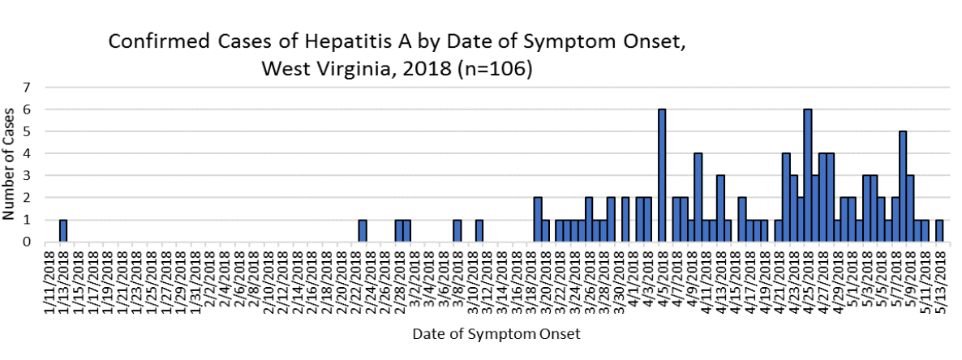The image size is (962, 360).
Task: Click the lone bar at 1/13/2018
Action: [x=63, y=231]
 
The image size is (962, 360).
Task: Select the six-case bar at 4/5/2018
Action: [x=662, y=175]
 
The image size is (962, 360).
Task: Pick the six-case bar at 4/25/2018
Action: [x=808, y=175]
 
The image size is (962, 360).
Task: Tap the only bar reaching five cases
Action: [x=903, y=186]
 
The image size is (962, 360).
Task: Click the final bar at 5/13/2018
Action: [x=939, y=231]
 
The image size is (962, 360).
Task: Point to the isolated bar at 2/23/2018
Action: [x=363, y=231]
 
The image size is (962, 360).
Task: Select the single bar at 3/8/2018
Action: [x=457, y=231]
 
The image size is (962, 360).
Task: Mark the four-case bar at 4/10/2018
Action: [x=698, y=198]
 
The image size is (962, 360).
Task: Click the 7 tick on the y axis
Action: [x=27, y=87]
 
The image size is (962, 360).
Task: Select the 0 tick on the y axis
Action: [x=27, y=242]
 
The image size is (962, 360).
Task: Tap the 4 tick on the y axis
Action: [x=27, y=153]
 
